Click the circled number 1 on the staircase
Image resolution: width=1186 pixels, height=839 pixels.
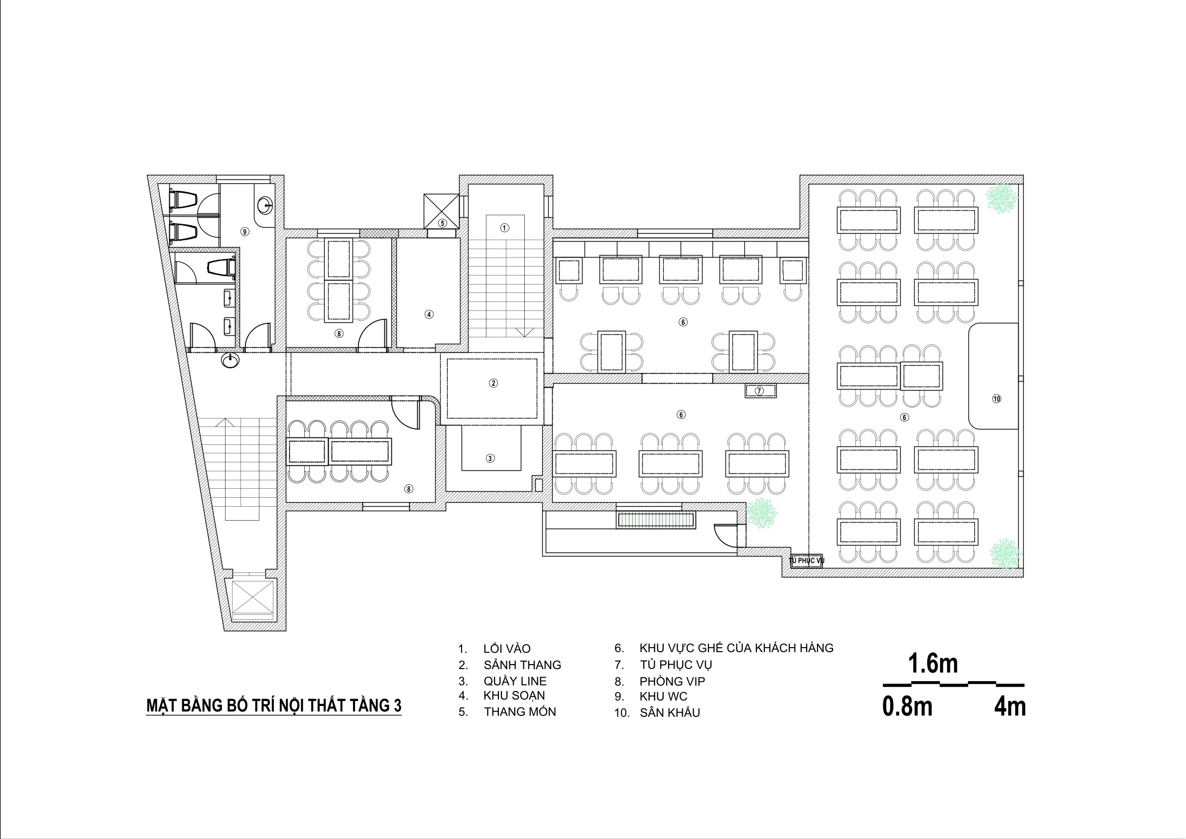click(505, 228)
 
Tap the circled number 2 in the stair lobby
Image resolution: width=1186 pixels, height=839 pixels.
click(493, 383)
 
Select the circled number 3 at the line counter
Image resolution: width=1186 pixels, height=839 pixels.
click(490, 458)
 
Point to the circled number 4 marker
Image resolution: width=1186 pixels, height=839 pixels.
click(429, 314)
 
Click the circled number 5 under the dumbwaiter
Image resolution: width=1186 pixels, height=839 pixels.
click(442, 223)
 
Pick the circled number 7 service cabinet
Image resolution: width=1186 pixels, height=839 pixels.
click(759, 391)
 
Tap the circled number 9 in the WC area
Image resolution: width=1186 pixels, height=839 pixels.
click(245, 232)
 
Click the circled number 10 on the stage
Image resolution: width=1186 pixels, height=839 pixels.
click(996, 399)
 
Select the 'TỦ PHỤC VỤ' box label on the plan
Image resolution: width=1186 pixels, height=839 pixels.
click(806, 560)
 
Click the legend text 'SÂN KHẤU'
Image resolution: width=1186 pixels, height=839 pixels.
click(670, 713)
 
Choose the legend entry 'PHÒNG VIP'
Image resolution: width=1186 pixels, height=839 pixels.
click(672, 682)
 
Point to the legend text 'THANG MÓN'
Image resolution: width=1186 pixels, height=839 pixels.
click(520, 712)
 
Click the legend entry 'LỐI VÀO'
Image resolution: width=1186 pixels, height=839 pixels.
click(507, 648)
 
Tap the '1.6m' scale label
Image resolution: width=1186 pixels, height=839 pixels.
click(933, 664)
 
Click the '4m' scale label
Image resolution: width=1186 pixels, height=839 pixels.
click(1010, 706)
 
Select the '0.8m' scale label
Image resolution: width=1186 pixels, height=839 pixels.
click(908, 706)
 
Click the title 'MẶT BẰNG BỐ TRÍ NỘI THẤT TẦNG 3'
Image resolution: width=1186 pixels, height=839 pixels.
click(274, 705)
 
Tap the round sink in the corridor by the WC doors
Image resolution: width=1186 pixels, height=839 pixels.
click(231, 360)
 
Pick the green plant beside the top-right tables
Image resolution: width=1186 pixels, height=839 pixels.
click(1002, 198)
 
